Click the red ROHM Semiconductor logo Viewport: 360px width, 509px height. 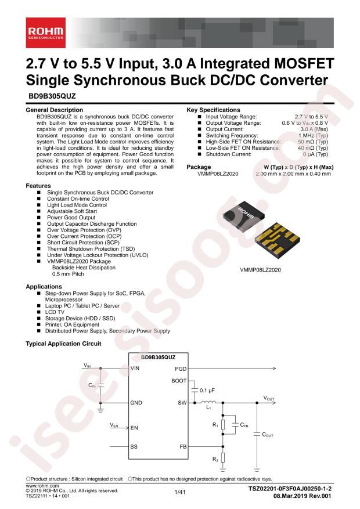click(x=46, y=33)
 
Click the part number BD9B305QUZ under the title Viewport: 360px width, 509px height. click(x=51, y=96)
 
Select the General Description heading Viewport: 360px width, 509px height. click(x=54, y=110)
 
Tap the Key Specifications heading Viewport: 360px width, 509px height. click(x=213, y=110)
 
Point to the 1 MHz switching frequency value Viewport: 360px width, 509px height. click(x=313, y=135)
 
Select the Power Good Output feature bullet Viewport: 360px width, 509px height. click(x=71, y=218)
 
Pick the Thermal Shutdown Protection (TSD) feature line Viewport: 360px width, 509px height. click(x=91, y=249)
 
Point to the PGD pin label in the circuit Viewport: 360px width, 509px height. click(x=181, y=369)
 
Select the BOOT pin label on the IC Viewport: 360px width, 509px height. click(x=179, y=381)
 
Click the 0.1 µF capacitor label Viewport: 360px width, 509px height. click(x=207, y=391)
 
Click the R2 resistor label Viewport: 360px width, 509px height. click(x=215, y=459)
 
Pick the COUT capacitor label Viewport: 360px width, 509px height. click(x=268, y=435)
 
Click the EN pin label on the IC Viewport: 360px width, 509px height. click(x=134, y=428)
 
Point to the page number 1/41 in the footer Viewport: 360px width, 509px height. click(x=180, y=492)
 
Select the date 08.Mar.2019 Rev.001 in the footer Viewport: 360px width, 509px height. click(x=302, y=496)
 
